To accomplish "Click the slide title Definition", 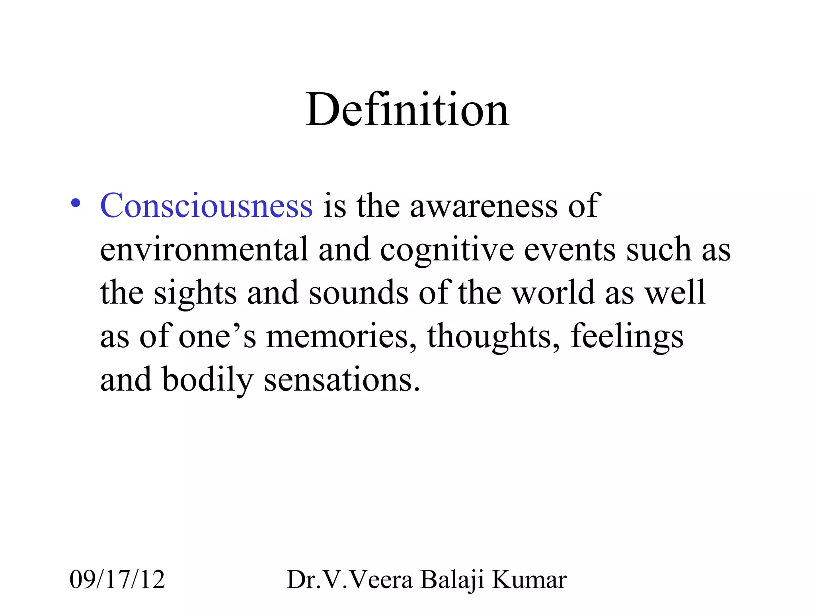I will click(x=407, y=109).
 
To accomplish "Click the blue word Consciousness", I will click(x=206, y=206).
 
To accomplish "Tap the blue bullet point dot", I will click(x=75, y=203).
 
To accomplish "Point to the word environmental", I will click(x=204, y=249).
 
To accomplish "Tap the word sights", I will click(x=195, y=294).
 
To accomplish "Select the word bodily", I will click(x=207, y=380).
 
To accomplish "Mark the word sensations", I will click(x=341, y=380).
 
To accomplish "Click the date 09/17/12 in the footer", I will click(x=117, y=580).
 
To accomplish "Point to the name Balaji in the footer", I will click(x=452, y=580).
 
